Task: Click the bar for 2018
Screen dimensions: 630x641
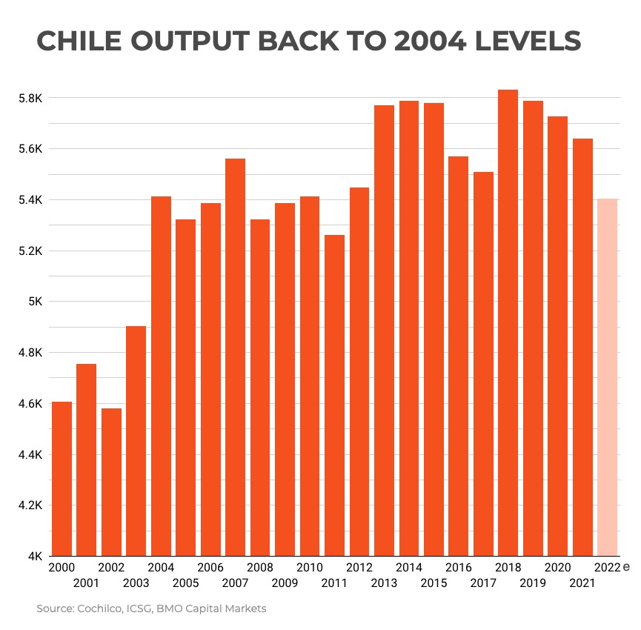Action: [x=508, y=322]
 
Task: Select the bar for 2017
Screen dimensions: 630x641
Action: [x=483, y=363]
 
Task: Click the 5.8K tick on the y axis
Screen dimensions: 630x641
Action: [x=32, y=98]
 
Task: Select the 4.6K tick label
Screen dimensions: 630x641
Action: [x=32, y=404]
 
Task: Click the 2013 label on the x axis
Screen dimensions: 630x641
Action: [x=384, y=583]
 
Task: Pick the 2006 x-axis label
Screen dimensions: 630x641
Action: [x=210, y=568]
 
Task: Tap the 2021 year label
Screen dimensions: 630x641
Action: [x=582, y=583]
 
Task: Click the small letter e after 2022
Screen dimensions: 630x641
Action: [x=626, y=567]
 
